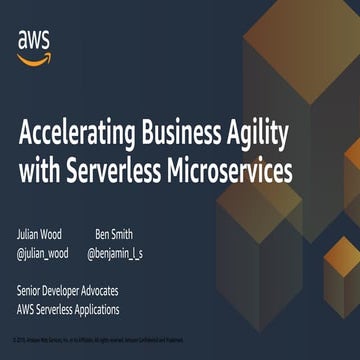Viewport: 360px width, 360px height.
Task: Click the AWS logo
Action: point(33,46)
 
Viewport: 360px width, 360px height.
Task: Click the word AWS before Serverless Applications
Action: point(27,309)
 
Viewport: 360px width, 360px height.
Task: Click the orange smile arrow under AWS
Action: point(33,57)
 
